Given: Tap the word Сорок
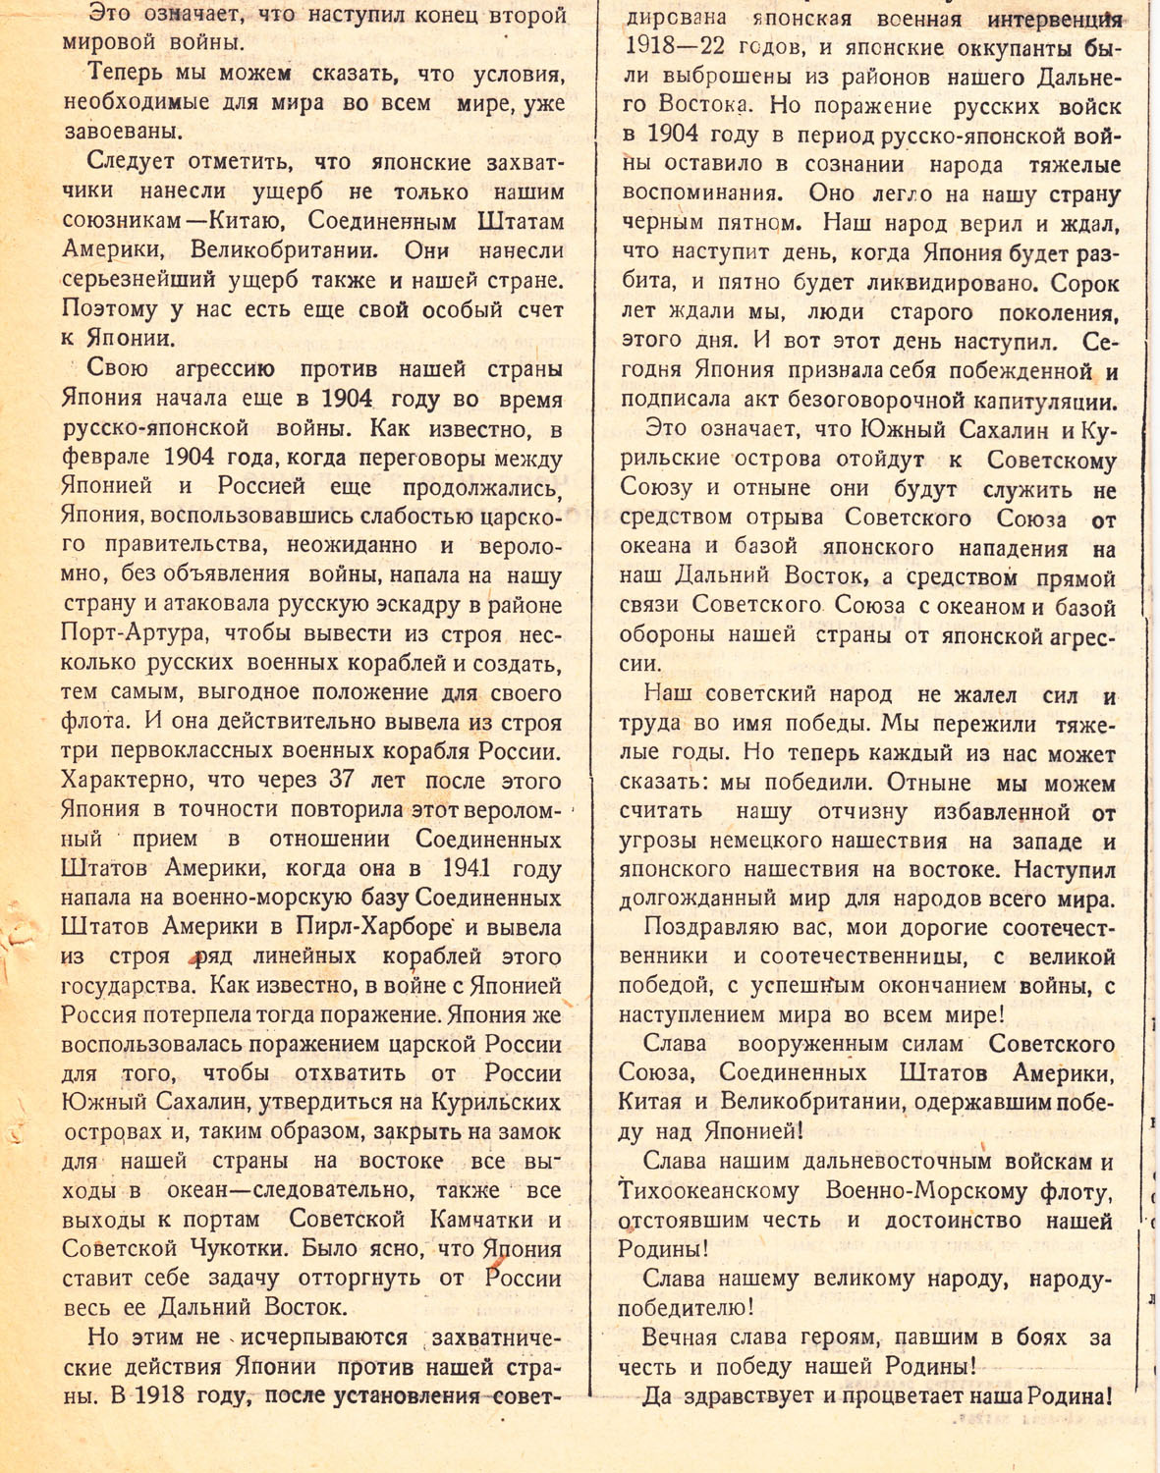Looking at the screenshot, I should [x=1085, y=284].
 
